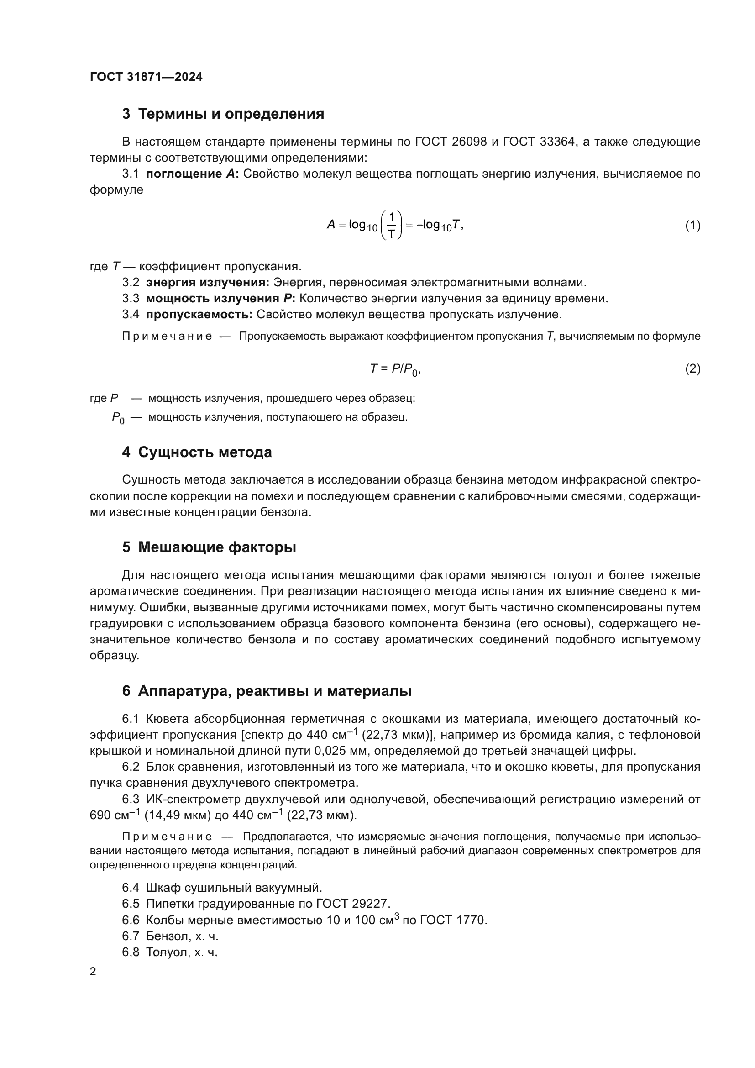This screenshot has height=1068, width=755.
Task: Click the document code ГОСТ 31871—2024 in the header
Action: pos(146,77)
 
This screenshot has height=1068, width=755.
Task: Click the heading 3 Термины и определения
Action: pos(223,114)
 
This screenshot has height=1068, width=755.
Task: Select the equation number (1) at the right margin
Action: pos(693,226)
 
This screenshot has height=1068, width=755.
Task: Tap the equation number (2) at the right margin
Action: pos(693,369)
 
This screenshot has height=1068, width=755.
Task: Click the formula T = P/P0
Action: pos(395,369)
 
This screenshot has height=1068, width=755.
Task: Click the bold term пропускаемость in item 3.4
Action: pos(199,315)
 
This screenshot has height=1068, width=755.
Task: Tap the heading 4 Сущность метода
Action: pos(197,452)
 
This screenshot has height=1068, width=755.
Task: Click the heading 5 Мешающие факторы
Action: pos(209,547)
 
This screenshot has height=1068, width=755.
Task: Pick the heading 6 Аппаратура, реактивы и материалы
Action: pos(267,691)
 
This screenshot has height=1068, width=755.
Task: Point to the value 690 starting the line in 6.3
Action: pos(100,815)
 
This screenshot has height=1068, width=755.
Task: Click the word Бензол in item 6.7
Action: pos(166,936)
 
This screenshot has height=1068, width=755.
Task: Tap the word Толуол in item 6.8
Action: pos(166,952)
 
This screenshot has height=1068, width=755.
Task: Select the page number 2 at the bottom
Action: pos(93,972)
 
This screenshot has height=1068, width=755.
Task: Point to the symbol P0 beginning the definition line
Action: pos(118,418)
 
